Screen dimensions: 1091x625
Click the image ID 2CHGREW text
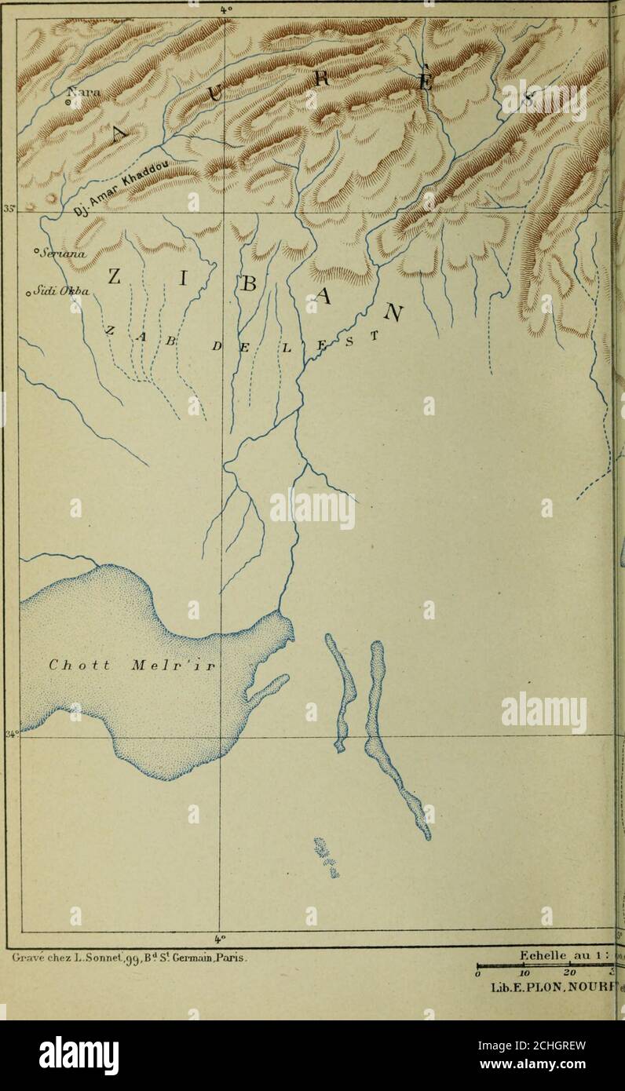coord(546,1045)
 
